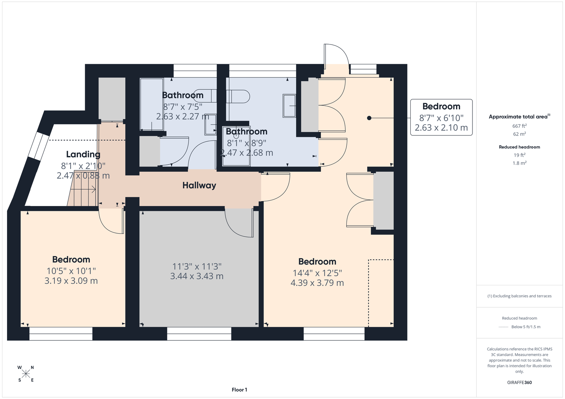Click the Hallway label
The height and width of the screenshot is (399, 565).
pyautogui.click(x=199, y=186)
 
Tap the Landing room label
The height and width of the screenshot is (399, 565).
pyautogui.click(x=83, y=154)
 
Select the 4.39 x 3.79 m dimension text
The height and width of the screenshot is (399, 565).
pyautogui.click(x=317, y=283)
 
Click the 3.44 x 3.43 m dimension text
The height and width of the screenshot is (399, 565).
pyautogui.click(x=197, y=276)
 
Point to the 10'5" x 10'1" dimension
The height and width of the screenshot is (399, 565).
pyautogui.click(x=71, y=271)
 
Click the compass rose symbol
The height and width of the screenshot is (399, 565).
pyautogui.click(x=26, y=374)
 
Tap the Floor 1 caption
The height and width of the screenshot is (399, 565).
pyautogui.click(x=239, y=390)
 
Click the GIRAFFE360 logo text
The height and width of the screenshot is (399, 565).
pyautogui.click(x=519, y=382)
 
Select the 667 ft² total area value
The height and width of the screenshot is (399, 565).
pyautogui.click(x=519, y=126)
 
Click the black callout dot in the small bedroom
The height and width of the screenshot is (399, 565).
pyautogui.click(x=369, y=118)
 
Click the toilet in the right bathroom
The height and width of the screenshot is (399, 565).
pyautogui.click(x=238, y=97)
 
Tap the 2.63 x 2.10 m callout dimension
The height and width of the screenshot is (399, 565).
pyautogui.click(x=441, y=128)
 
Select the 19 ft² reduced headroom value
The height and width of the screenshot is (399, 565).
pyautogui.click(x=519, y=155)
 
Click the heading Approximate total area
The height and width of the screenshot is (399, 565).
pyautogui.click(x=519, y=117)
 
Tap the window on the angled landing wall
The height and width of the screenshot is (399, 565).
pyautogui.click(x=38, y=145)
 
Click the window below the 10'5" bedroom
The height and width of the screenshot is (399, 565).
pyautogui.click(x=61, y=334)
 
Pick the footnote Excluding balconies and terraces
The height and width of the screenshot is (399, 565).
pyautogui.click(x=519, y=296)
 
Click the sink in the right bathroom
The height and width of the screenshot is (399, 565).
pyautogui.click(x=289, y=106)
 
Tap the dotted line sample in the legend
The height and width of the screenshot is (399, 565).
pyautogui.click(x=504, y=327)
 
